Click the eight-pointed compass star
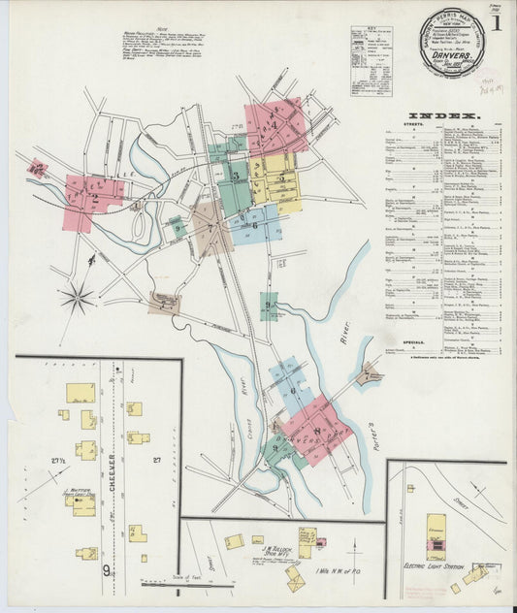(77, 297)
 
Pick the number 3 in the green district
(236, 176)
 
